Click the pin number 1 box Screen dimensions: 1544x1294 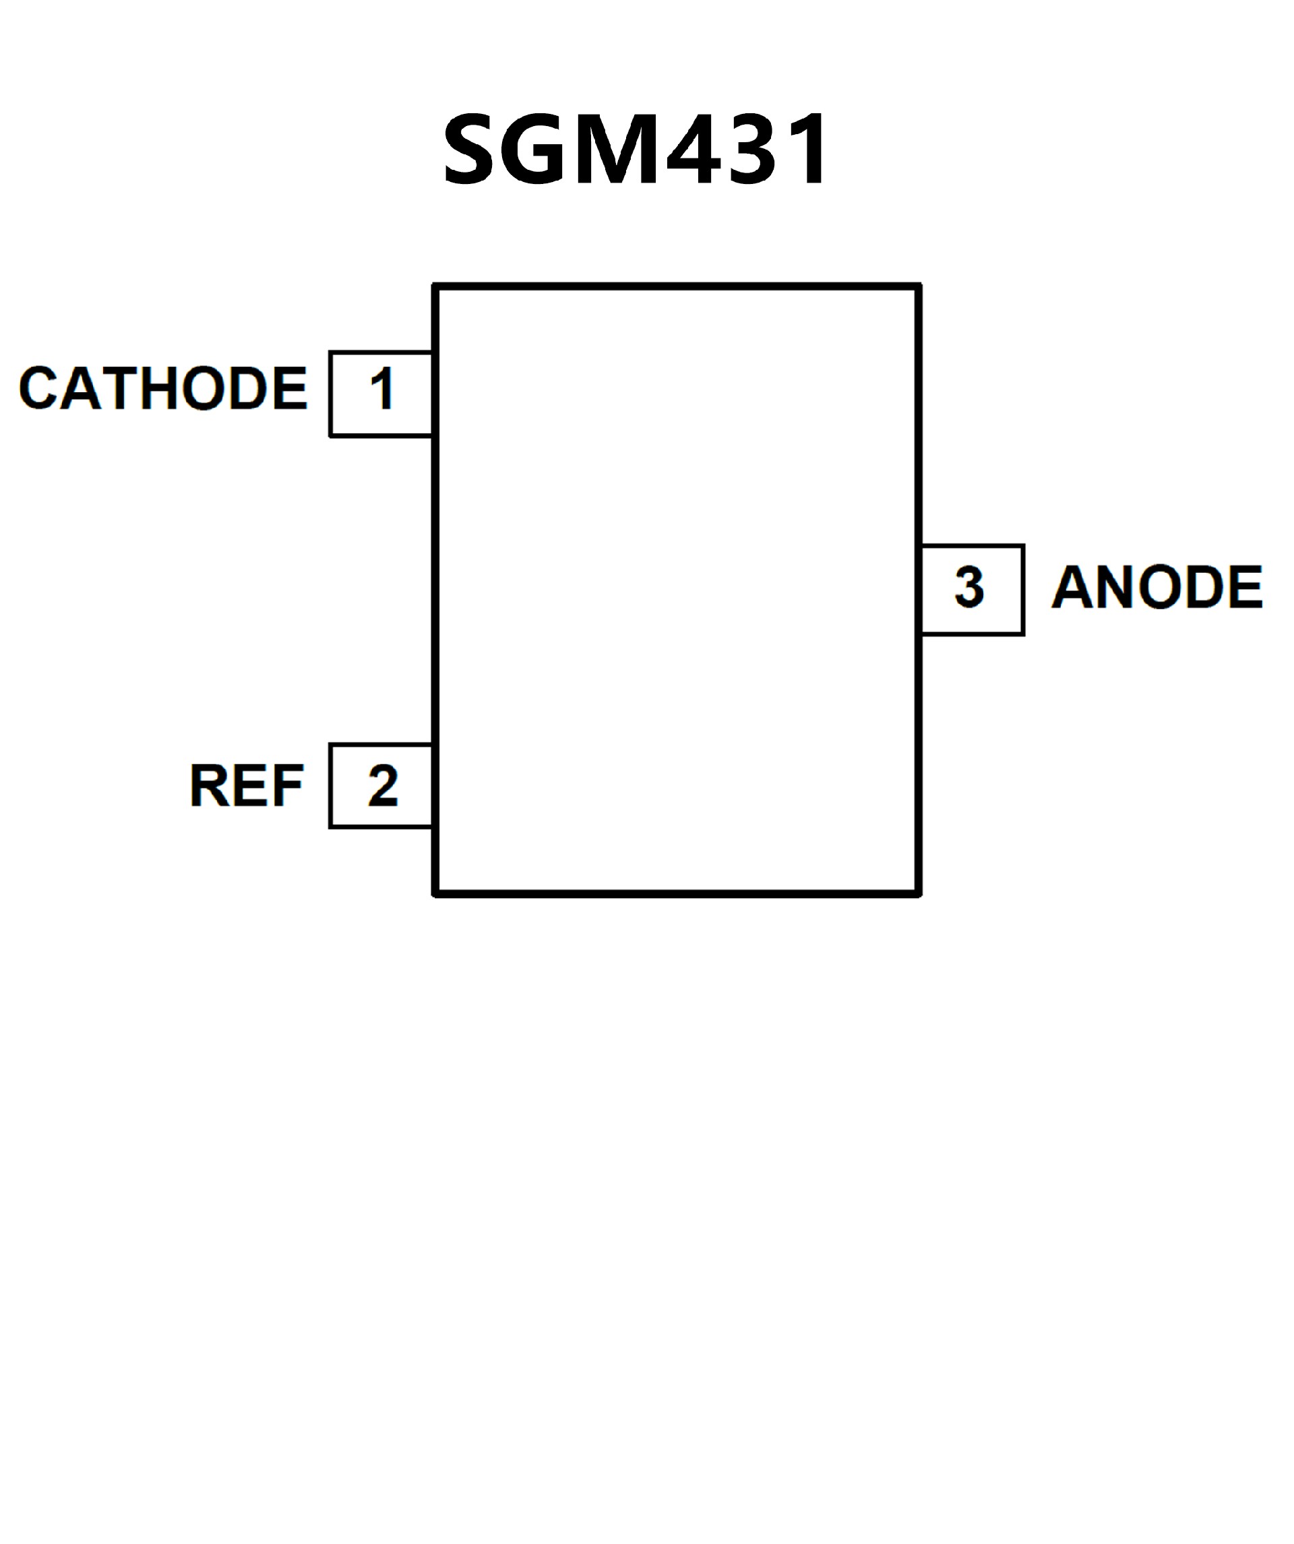point(381,395)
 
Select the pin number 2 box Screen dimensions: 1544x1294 point(381,786)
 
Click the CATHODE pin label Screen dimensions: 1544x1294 point(162,388)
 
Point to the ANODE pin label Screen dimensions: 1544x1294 point(1157,588)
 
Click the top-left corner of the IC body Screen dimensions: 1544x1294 point(436,286)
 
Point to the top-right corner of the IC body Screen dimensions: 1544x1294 point(919,286)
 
